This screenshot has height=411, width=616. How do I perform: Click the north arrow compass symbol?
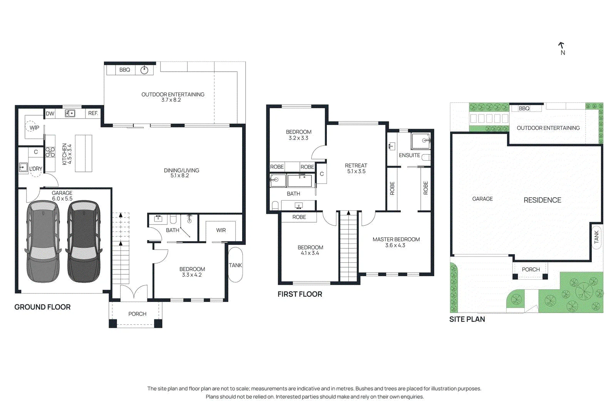[561, 45]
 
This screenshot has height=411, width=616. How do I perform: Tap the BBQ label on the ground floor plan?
[125, 70]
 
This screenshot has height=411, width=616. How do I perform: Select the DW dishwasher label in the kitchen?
[50, 114]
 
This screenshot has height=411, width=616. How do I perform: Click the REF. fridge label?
[93, 113]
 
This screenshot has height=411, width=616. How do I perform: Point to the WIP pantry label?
[34, 127]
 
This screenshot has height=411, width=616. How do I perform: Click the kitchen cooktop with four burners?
[50, 152]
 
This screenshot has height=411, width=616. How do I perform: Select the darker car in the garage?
[84, 242]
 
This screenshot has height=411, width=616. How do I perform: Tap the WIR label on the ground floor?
[221, 230]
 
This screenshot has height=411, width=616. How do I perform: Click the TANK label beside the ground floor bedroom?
[235, 265]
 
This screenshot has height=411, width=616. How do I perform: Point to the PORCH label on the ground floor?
[137, 314]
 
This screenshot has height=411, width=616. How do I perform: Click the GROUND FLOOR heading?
[42, 307]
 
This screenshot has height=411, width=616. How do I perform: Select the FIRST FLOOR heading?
[300, 294]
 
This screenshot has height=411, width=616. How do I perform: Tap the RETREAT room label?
[356, 166]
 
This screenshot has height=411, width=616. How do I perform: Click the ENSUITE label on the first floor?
[410, 156]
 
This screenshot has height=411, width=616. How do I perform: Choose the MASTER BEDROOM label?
[396, 239]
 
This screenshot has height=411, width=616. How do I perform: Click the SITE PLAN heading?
[467, 319]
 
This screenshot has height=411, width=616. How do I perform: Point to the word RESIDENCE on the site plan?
[542, 200]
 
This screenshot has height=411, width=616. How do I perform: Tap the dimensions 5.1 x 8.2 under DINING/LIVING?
[179, 176]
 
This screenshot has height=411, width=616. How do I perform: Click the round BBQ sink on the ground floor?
[144, 70]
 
